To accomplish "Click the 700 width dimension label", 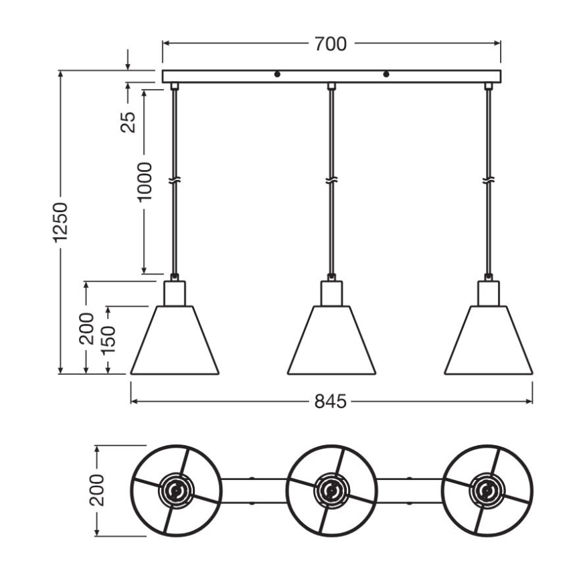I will [x=331, y=44].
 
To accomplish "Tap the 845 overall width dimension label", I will [x=331, y=402].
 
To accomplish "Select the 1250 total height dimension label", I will [x=61, y=222].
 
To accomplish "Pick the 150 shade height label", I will [x=108, y=340].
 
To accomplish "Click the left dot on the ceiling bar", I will [x=276, y=74].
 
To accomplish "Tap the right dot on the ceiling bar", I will [x=386, y=74].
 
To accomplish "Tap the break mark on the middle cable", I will [x=331, y=181].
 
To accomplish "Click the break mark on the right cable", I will [x=489, y=181].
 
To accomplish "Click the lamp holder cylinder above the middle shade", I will [x=331, y=293].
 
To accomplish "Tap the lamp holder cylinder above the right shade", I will [x=489, y=293].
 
